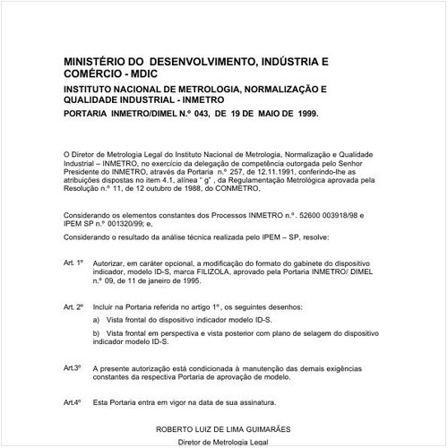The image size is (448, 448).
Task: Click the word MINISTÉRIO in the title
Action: (x=93, y=61)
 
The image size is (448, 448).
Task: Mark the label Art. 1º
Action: (x=73, y=263)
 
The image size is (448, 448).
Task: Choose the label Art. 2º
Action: (x=73, y=306)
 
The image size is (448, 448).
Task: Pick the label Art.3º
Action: (x=73, y=367)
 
